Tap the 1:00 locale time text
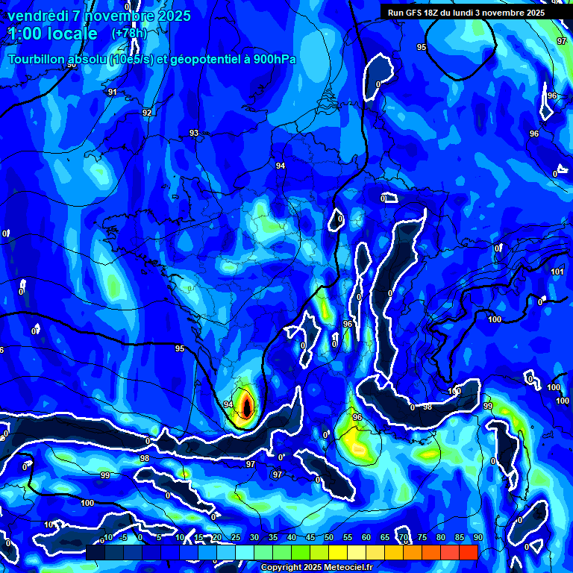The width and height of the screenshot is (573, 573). coord(52,34)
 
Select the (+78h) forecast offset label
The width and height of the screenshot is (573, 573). coord(128,34)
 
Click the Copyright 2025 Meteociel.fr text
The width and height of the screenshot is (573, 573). coord(316,567)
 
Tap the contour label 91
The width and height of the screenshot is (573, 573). coord(112,92)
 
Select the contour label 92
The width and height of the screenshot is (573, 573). coord(147,113)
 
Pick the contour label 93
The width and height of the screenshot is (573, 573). coord(194,133)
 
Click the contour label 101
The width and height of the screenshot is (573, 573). coord(557,272)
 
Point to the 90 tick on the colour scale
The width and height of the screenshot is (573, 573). coord(477,537)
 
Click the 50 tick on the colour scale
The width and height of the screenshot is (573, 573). coord(329,537)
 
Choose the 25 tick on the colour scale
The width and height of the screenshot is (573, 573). coord(236,537)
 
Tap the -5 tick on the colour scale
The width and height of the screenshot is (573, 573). coord(123,537)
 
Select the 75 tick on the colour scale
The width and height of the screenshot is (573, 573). coord(422,537)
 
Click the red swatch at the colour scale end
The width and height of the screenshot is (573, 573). coord(469,552)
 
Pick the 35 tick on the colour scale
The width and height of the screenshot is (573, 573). coord(273,537)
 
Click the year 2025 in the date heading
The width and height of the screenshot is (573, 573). coord(172,16)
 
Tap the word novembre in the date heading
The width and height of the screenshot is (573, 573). coord(113,16)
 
